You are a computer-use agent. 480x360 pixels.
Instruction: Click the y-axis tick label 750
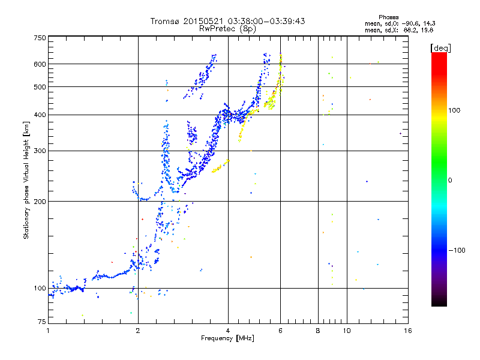click(x=40, y=38)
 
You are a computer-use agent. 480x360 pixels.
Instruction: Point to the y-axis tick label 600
click(x=40, y=64)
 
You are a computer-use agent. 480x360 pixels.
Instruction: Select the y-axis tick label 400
click(x=40, y=115)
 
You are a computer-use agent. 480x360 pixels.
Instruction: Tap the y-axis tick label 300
click(x=40, y=151)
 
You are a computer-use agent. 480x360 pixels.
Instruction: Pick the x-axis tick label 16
click(x=407, y=331)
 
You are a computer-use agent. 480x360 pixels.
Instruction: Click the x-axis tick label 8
click(x=318, y=331)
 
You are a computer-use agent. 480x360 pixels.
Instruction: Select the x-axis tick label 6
click(x=280, y=331)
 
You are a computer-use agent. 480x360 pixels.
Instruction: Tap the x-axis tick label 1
click(x=48, y=331)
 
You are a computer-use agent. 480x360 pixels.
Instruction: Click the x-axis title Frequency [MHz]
click(x=227, y=339)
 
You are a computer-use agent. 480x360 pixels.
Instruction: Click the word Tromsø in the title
click(x=165, y=21)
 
